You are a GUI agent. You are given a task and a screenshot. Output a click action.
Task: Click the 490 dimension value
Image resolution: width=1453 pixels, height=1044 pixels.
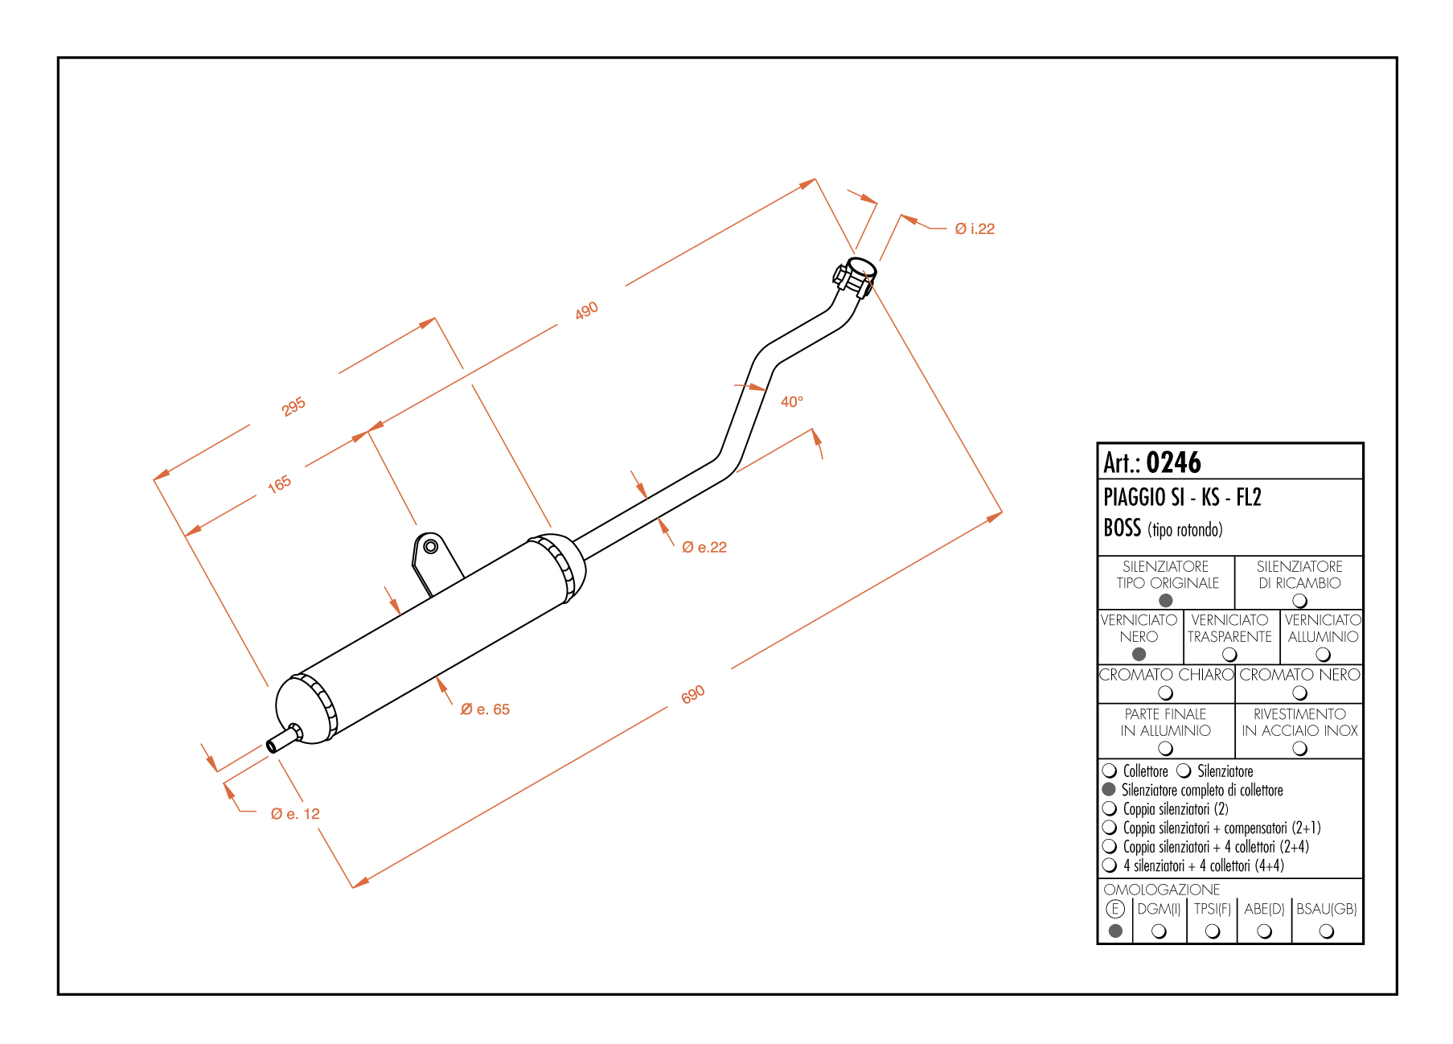(586, 310)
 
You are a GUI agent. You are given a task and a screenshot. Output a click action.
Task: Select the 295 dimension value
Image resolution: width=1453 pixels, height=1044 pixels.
(293, 406)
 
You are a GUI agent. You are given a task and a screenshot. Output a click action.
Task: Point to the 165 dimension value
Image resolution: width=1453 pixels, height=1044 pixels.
(279, 484)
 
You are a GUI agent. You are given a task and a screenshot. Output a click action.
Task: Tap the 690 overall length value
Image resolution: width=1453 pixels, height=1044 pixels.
(692, 694)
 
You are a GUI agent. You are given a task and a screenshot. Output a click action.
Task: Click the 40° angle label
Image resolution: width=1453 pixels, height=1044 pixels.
(791, 401)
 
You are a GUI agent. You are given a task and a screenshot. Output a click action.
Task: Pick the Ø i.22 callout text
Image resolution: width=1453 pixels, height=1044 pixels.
(974, 229)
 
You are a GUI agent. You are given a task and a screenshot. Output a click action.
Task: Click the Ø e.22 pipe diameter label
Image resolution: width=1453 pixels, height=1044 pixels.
(704, 548)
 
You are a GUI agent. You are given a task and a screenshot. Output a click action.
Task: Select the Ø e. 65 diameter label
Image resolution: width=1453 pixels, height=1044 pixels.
(485, 709)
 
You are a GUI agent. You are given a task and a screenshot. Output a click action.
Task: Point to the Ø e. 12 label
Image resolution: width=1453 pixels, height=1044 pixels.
(295, 814)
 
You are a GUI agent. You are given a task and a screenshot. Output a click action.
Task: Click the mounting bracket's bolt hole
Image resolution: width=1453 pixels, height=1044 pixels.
(430, 547)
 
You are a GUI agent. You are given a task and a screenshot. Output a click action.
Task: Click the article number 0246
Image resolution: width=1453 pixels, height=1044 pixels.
(1173, 462)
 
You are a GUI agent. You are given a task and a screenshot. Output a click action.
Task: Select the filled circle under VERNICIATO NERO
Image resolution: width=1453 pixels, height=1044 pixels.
(1139, 655)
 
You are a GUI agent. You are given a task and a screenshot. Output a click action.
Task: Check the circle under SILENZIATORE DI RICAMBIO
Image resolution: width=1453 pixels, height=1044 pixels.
(1299, 601)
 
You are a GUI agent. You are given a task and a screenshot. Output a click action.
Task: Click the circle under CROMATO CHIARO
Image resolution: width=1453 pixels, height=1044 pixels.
(1165, 693)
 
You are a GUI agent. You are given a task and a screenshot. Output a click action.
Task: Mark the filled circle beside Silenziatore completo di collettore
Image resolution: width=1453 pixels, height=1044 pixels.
(1109, 790)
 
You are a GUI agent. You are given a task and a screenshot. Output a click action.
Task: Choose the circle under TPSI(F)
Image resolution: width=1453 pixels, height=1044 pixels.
(1213, 931)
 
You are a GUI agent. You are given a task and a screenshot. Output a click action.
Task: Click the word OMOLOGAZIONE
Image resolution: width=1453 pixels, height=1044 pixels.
(1161, 890)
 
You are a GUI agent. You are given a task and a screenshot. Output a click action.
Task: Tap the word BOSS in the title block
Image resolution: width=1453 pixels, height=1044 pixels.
(1122, 528)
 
